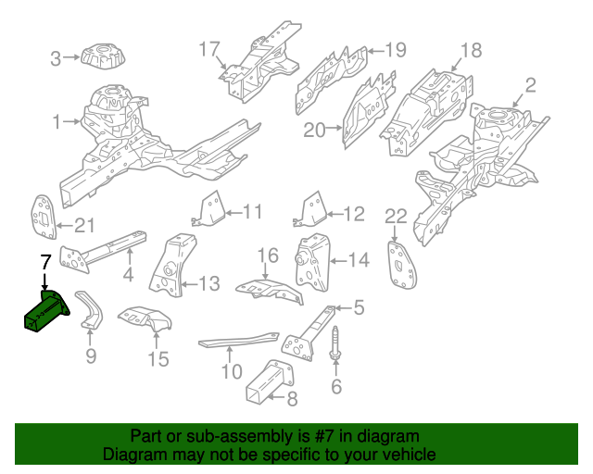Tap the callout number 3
click(x=56, y=59)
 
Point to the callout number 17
click(x=209, y=48)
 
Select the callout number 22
click(x=396, y=217)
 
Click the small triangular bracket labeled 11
click(x=210, y=210)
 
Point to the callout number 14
click(x=358, y=261)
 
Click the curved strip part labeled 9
click(x=90, y=309)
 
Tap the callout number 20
click(x=315, y=131)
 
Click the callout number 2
click(x=530, y=86)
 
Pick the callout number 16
click(x=267, y=256)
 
